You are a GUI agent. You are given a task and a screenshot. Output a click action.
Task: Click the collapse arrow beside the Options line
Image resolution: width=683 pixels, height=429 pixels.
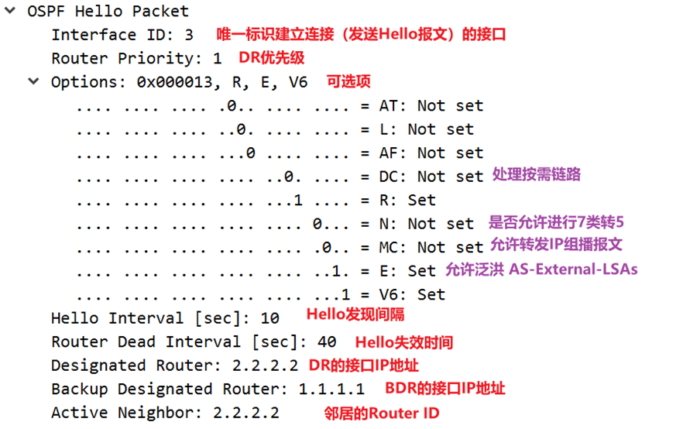(33, 81)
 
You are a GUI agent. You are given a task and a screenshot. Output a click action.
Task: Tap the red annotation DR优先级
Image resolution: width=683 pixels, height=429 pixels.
(272, 58)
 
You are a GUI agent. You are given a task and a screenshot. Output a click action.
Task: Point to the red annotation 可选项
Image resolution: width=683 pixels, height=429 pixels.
(348, 81)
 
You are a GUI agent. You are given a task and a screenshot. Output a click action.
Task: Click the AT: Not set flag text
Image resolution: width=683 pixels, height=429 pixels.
(431, 105)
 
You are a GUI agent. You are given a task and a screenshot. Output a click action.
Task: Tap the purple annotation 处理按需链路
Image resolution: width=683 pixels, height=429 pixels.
(537, 175)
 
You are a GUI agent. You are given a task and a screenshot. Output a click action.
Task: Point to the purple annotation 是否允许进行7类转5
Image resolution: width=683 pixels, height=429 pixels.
(556, 223)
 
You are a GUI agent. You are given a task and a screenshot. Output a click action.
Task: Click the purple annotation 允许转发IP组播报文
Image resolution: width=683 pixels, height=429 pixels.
(557, 245)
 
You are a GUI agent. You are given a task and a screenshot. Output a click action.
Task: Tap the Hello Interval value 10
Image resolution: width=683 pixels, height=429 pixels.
(269, 318)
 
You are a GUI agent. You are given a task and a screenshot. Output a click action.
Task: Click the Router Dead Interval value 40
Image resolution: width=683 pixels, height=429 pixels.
(327, 341)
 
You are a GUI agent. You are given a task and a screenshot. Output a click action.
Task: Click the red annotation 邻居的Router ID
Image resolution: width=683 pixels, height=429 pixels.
(382, 413)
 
